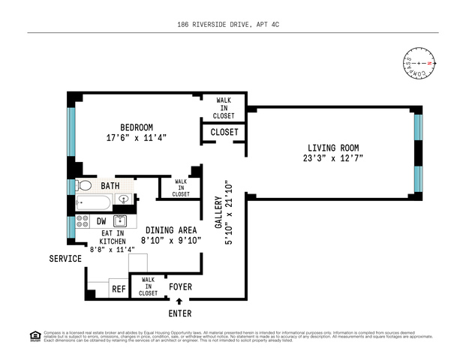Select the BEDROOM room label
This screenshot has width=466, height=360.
coord(137,127)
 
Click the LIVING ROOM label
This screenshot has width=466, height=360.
coord(332,147)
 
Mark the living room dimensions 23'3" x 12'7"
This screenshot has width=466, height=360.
coord(332,159)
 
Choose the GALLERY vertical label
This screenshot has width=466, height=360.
coord(219,214)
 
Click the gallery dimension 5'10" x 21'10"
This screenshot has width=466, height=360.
coord(230,214)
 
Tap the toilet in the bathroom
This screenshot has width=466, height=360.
coord(84,185)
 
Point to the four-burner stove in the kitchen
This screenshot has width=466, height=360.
coord(83,221)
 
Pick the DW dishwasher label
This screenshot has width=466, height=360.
coord(101,221)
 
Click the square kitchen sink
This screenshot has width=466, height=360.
coord(119,221)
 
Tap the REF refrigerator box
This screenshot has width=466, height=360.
coord(119,289)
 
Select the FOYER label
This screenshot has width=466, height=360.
coord(180,286)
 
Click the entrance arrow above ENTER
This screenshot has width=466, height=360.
coord(179,301)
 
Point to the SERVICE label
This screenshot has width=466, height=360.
coord(65,259)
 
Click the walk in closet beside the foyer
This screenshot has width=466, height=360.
coord(148,286)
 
